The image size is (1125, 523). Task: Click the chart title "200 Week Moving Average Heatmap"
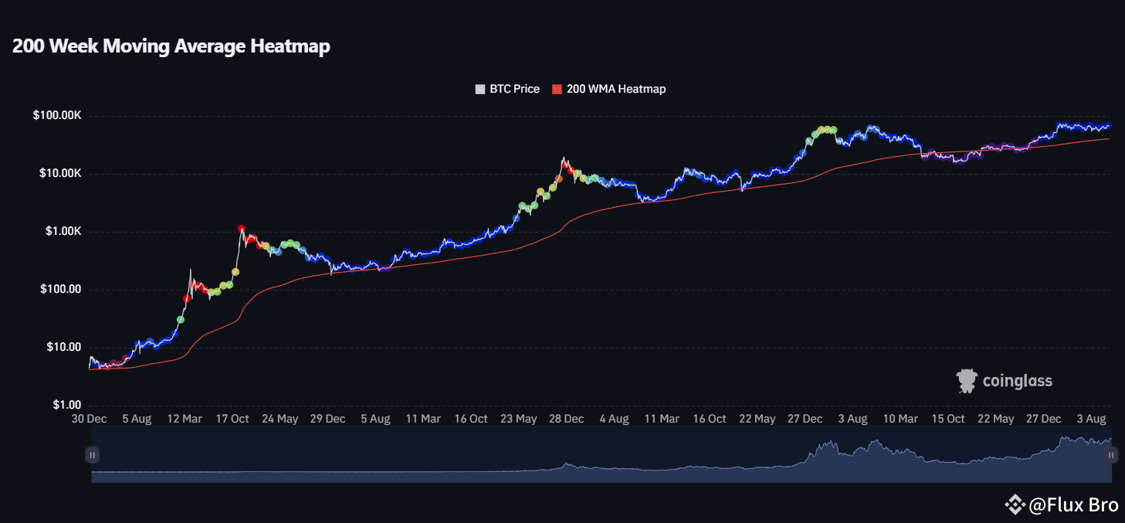click(171, 46)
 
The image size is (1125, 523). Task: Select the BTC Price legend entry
click(507, 89)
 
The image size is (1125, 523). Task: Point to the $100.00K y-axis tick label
click(56, 116)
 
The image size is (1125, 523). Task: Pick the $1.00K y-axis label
click(61, 232)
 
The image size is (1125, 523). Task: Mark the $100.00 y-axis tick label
click(61, 290)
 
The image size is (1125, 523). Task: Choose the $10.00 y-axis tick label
click(64, 348)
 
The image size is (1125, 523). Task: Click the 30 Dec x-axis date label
click(90, 419)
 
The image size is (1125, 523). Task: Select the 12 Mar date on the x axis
click(184, 419)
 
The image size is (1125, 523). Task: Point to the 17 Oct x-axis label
click(232, 419)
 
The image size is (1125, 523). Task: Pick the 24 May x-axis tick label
click(280, 419)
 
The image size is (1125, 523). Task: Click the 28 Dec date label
click(566, 419)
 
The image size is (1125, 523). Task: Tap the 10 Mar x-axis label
click(900, 419)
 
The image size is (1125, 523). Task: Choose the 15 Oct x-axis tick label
click(948, 419)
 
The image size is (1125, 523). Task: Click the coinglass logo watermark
click(1004, 381)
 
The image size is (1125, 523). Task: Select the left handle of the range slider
click(93, 456)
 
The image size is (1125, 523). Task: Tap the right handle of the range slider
click(1111, 456)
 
